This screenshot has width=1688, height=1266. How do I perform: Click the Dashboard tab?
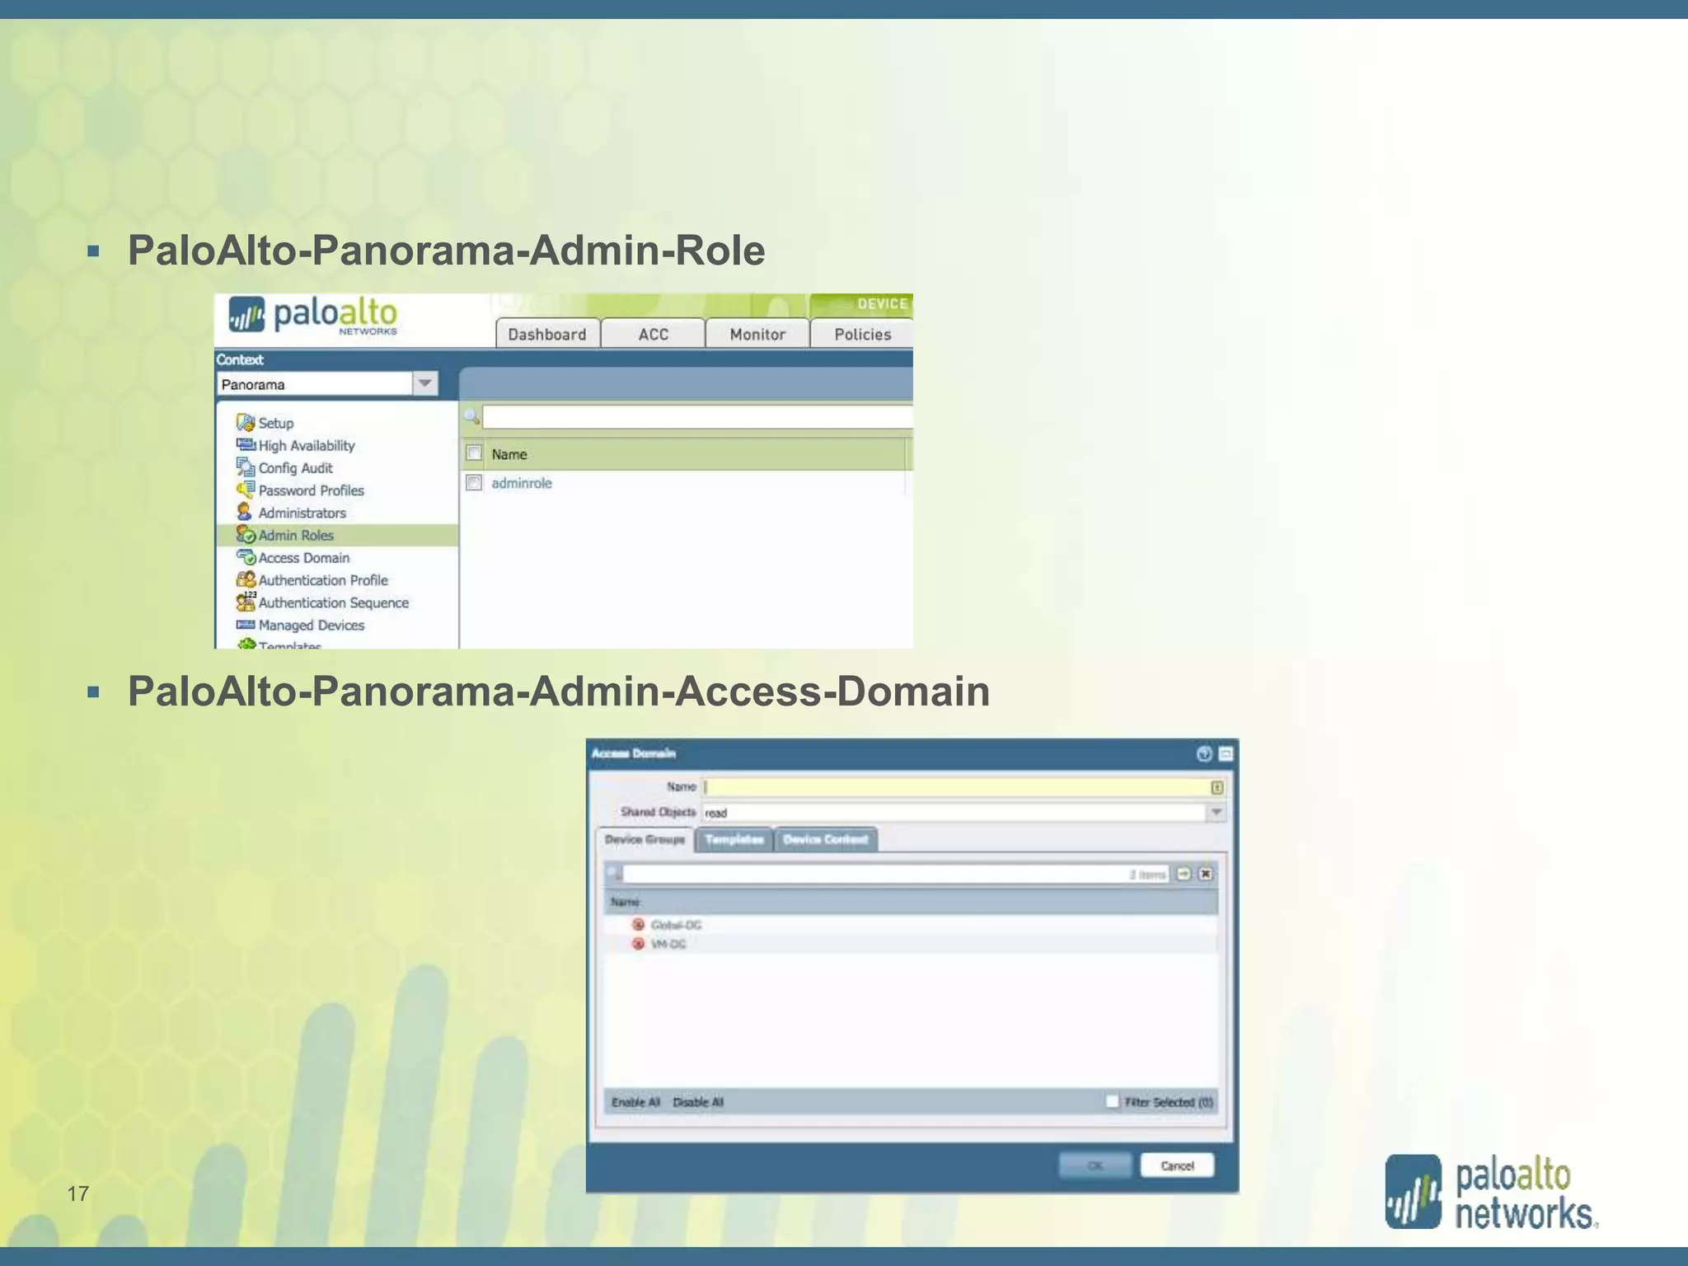[x=547, y=334]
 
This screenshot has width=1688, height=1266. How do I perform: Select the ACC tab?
[x=653, y=334]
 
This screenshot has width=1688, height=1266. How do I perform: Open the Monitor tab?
[x=757, y=334]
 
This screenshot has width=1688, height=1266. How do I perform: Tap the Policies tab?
[x=862, y=334]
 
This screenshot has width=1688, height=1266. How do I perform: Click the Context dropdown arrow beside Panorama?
[x=424, y=383]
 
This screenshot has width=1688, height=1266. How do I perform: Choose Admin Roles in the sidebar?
[x=296, y=535]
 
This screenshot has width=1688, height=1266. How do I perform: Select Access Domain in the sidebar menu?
[x=303, y=558]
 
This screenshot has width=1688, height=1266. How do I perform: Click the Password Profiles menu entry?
[x=311, y=490]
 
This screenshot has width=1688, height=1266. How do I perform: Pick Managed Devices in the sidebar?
[x=311, y=626]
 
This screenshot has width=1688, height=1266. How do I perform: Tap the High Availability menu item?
[x=306, y=446]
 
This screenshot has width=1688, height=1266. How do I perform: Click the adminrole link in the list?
[x=522, y=483]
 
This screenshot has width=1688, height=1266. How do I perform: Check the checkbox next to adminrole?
[x=474, y=483]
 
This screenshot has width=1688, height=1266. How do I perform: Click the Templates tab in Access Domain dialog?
[x=734, y=839]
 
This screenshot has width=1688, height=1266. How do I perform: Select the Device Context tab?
[x=825, y=839]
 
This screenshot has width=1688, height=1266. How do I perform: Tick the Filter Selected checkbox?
[x=1112, y=1102]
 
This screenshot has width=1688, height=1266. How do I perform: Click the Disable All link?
[x=698, y=1102]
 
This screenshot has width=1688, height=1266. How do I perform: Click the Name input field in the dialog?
[x=956, y=787]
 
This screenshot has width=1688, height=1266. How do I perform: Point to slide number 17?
[x=78, y=1193]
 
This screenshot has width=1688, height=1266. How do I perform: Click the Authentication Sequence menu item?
[x=333, y=603]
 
